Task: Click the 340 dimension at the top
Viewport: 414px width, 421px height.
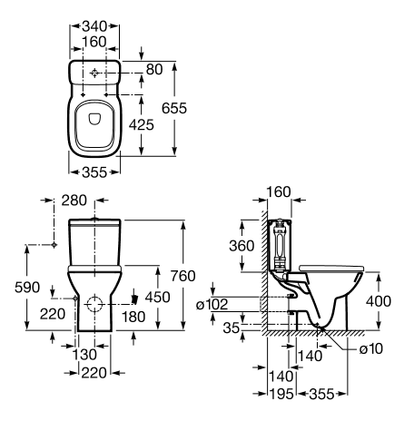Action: (94, 26)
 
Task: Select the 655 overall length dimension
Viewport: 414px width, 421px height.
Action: (174, 108)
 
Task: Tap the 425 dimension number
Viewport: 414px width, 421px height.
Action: (142, 124)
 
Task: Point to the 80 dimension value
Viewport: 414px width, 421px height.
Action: (154, 69)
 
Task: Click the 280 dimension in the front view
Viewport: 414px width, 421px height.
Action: (74, 201)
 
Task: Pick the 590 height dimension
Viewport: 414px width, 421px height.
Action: (27, 288)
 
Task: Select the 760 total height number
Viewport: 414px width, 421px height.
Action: (182, 276)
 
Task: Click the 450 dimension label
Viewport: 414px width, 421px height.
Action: (157, 297)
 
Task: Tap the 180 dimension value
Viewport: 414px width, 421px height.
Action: (133, 317)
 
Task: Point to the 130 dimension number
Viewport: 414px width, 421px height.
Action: (84, 355)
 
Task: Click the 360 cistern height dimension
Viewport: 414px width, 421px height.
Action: (241, 246)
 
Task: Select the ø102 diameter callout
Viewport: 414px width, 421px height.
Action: (212, 304)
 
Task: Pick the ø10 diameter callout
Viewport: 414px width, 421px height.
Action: (371, 348)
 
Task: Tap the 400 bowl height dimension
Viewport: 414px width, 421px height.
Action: (379, 301)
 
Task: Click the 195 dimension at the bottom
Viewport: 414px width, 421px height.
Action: (281, 394)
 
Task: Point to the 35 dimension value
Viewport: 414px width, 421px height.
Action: (232, 328)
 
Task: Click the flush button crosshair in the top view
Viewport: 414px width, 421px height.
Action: (94, 73)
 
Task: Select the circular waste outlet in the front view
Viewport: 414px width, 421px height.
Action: (94, 303)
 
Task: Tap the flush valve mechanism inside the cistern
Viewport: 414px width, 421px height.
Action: (280, 244)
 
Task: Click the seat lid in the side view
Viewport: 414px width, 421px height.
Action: (331, 269)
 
